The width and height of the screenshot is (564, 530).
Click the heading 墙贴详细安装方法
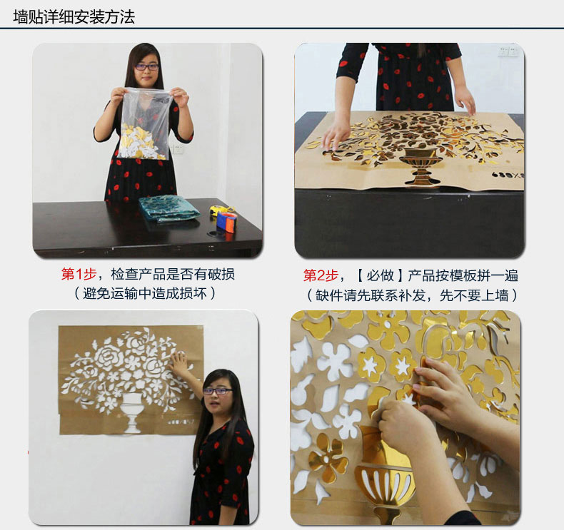tap(74, 17)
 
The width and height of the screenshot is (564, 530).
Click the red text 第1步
tap(79, 274)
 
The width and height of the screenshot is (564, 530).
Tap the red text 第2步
tap(321, 275)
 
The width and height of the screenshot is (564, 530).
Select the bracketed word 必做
tap(381, 275)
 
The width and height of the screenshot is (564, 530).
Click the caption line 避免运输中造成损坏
tap(145, 294)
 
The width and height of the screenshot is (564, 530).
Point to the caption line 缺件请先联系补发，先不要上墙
tap(411, 295)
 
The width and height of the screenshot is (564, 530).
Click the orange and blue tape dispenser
tap(226, 222)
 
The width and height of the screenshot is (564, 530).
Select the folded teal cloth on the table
tap(168, 208)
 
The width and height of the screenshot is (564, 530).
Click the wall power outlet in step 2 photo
tap(508, 51)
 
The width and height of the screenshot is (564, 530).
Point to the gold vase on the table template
tap(419, 166)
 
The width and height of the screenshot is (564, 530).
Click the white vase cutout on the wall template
tap(130, 412)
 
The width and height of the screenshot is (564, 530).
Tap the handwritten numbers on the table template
tap(507, 175)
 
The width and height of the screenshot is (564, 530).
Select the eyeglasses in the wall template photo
tap(217, 391)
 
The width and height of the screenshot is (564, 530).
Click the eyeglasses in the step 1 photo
tap(147, 67)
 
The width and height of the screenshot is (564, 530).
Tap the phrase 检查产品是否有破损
tap(173, 274)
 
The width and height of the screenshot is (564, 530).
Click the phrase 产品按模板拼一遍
tap(463, 275)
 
